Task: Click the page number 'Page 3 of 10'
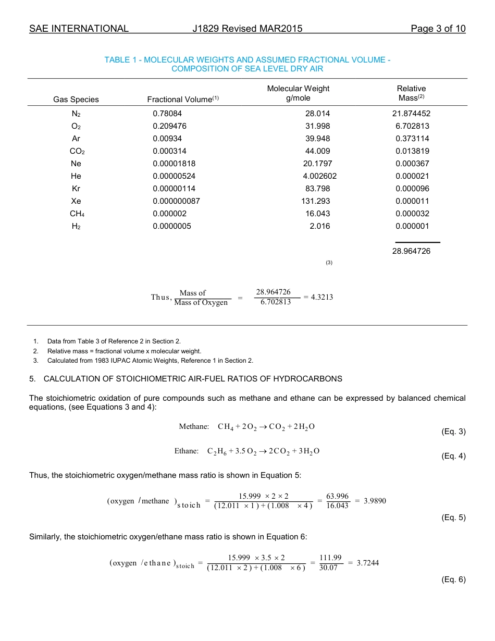click(438, 29)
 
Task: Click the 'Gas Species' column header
click(76, 100)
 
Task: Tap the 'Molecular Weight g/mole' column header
click(298, 93)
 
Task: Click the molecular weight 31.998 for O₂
click(317, 126)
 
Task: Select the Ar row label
click(76, 139)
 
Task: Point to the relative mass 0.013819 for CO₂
click(413, 151)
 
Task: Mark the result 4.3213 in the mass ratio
click(321, 297)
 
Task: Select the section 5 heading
click(185, 378)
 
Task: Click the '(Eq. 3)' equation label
click(453, 432)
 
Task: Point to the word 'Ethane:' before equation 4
click(187, 451)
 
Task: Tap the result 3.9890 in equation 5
click(374, 501)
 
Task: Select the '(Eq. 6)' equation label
click(453, 580)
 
